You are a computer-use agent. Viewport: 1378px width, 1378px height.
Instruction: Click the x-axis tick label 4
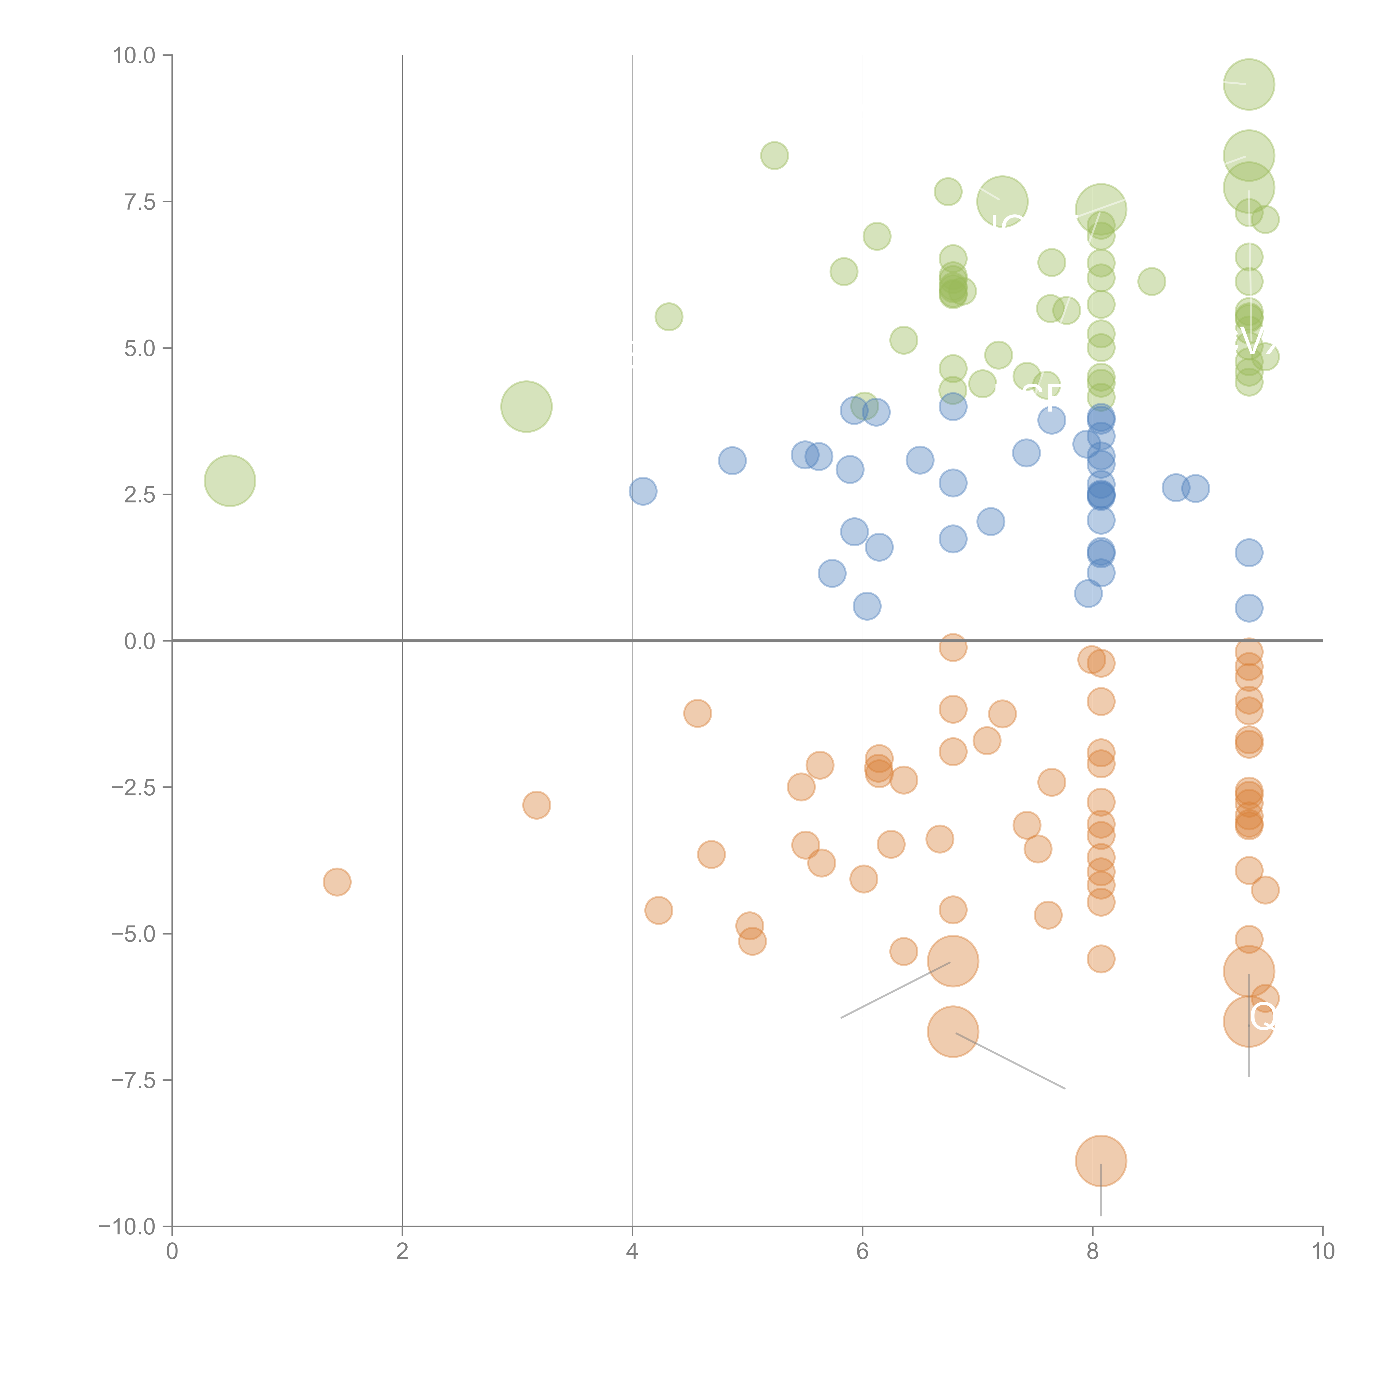point(632,1252)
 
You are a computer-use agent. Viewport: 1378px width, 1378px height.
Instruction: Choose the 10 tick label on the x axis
point(1322,1252)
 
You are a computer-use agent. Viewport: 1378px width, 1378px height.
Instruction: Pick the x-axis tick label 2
point(402,1252)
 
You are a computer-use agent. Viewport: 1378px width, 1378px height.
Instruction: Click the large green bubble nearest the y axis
point(230,481)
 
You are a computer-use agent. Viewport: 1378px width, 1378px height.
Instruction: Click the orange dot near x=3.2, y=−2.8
point(536,805)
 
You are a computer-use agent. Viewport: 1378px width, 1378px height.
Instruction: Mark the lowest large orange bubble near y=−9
point(1100,1161)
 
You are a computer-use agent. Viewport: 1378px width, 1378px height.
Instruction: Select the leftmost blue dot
point(643,491)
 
